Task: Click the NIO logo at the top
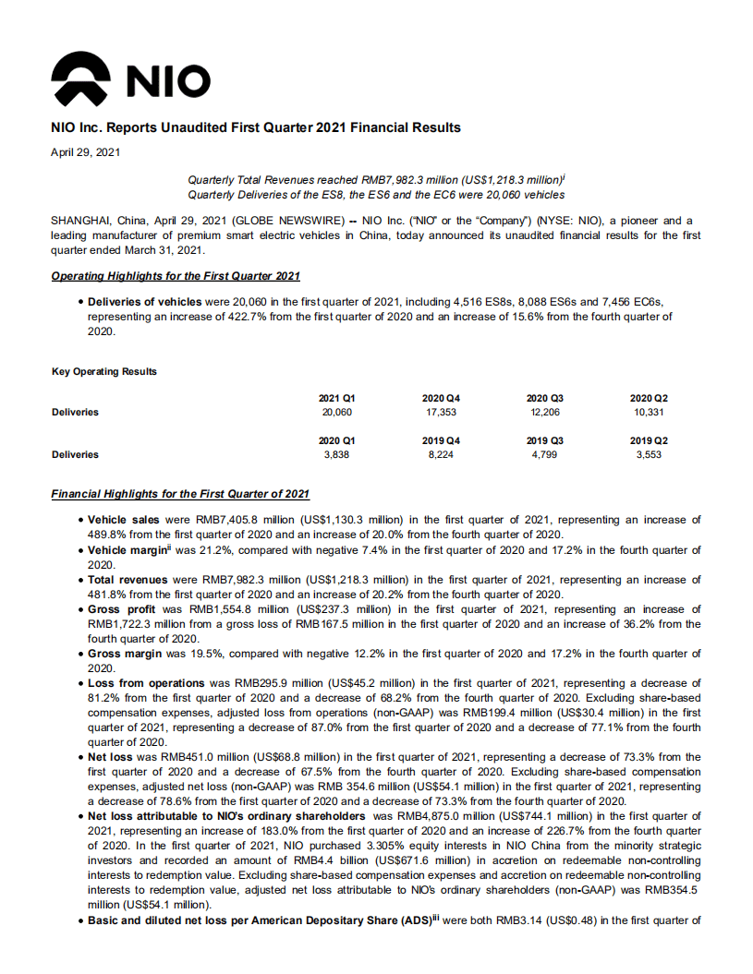point(130,78)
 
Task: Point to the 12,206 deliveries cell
point(544,412)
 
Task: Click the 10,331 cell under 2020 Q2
point(649,412)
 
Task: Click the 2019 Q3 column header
point(544,440)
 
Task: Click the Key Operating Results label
point(104,371)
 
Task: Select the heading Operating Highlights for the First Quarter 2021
point(176,276)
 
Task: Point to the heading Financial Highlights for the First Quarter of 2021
point(180,495)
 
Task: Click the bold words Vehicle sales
point(125,521)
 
